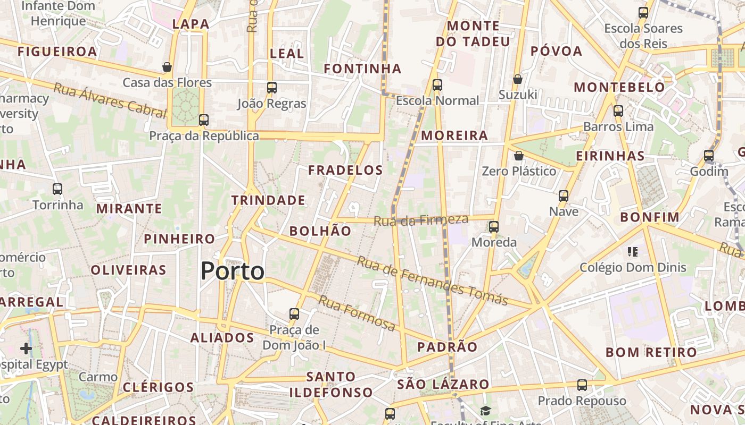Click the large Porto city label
(x=233, y=271)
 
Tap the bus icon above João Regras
(x=272, y=87)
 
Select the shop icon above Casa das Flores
(x=167, y=67)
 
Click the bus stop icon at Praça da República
(x=204, y=120)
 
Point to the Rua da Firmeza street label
(x=421, y=220)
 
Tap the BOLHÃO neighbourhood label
(x=320, y=231)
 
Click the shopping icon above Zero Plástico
(x=519, y=156)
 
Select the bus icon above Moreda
(x=494, y=227)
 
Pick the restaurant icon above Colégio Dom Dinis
(x=633, y=251)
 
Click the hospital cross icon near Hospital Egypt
(x=26, y=348)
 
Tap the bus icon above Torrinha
(x=57, y=189)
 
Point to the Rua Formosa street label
(x=357, y=313)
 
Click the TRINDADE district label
(x=268, y=200)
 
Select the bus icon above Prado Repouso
(x=582, y=385)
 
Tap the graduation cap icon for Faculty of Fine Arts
(x=485, y=411)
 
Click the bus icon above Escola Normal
(x=437, y=84)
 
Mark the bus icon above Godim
(x=709, y=156)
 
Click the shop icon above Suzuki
(x=518, y=79)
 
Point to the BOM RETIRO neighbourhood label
(x=651, y=352)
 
